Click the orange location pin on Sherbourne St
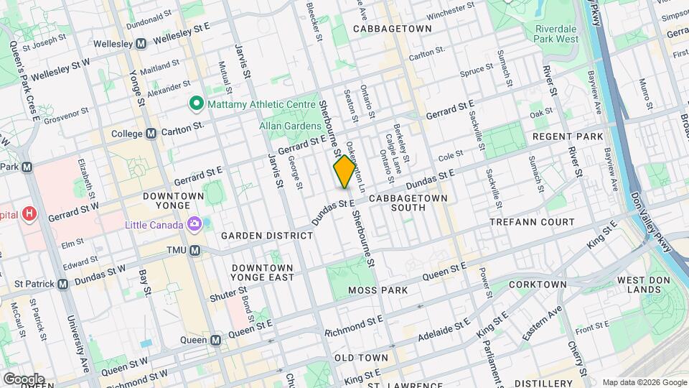tap(344, 172)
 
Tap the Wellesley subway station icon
tap(141, 43)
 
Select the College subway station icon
tap(151, 134)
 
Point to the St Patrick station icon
tap(62, 284)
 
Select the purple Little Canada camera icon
tap(194, 225)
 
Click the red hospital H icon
tap(29, 213)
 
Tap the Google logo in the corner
tap(24, 379)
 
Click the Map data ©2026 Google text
tap(644, 382)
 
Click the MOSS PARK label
tap(378, 290)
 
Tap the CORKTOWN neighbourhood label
tap(538, 285)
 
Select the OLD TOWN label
tap(361, 357)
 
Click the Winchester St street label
tap(450, 15)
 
